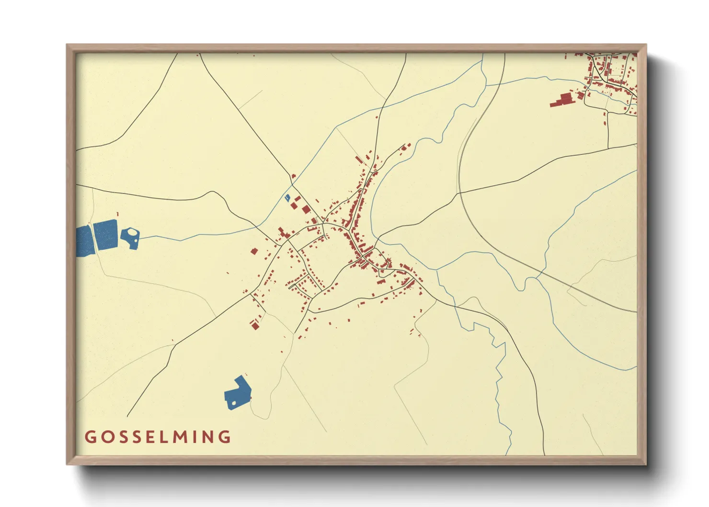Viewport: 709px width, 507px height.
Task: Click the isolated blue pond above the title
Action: pos(238,393)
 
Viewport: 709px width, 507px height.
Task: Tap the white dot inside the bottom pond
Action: pos(234,403)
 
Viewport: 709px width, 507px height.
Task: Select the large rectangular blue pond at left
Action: pos(105,234)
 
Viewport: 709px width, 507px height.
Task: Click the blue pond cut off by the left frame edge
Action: pos(83,241)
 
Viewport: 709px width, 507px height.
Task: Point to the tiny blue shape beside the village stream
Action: pos(287,197)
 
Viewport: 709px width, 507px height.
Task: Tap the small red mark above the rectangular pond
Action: pos(117,214)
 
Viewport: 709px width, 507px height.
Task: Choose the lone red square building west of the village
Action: pos(254,251)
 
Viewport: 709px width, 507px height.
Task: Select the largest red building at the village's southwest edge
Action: pos(255,326)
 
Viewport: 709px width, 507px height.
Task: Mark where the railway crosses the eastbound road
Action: pos(459,193)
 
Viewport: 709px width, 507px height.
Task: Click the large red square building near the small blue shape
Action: pos(306,209)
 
